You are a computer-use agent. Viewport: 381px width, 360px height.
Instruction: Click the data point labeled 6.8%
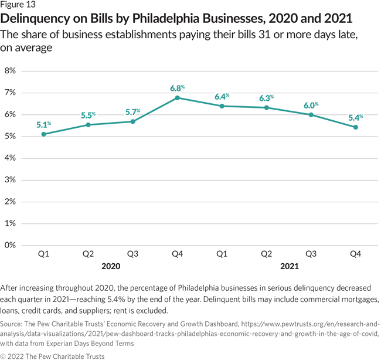(177, 98)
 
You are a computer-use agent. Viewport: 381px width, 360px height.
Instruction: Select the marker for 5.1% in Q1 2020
(43, 134)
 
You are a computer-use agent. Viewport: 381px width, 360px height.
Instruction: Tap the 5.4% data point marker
(356, 127)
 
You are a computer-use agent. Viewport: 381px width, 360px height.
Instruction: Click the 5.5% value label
(89, 114)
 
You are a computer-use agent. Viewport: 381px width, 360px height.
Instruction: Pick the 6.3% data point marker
(267, 107)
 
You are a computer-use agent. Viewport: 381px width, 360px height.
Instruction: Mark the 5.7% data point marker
(132, 121)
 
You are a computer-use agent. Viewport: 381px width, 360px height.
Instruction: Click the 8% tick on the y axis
(10, 71)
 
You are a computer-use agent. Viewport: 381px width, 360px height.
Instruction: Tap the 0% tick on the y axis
(10, 245)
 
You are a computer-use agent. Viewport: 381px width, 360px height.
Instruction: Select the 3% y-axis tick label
(10, 180)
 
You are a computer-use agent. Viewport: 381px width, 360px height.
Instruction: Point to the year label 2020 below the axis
(110, 266)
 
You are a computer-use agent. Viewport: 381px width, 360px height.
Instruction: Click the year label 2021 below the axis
(289, 266)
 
